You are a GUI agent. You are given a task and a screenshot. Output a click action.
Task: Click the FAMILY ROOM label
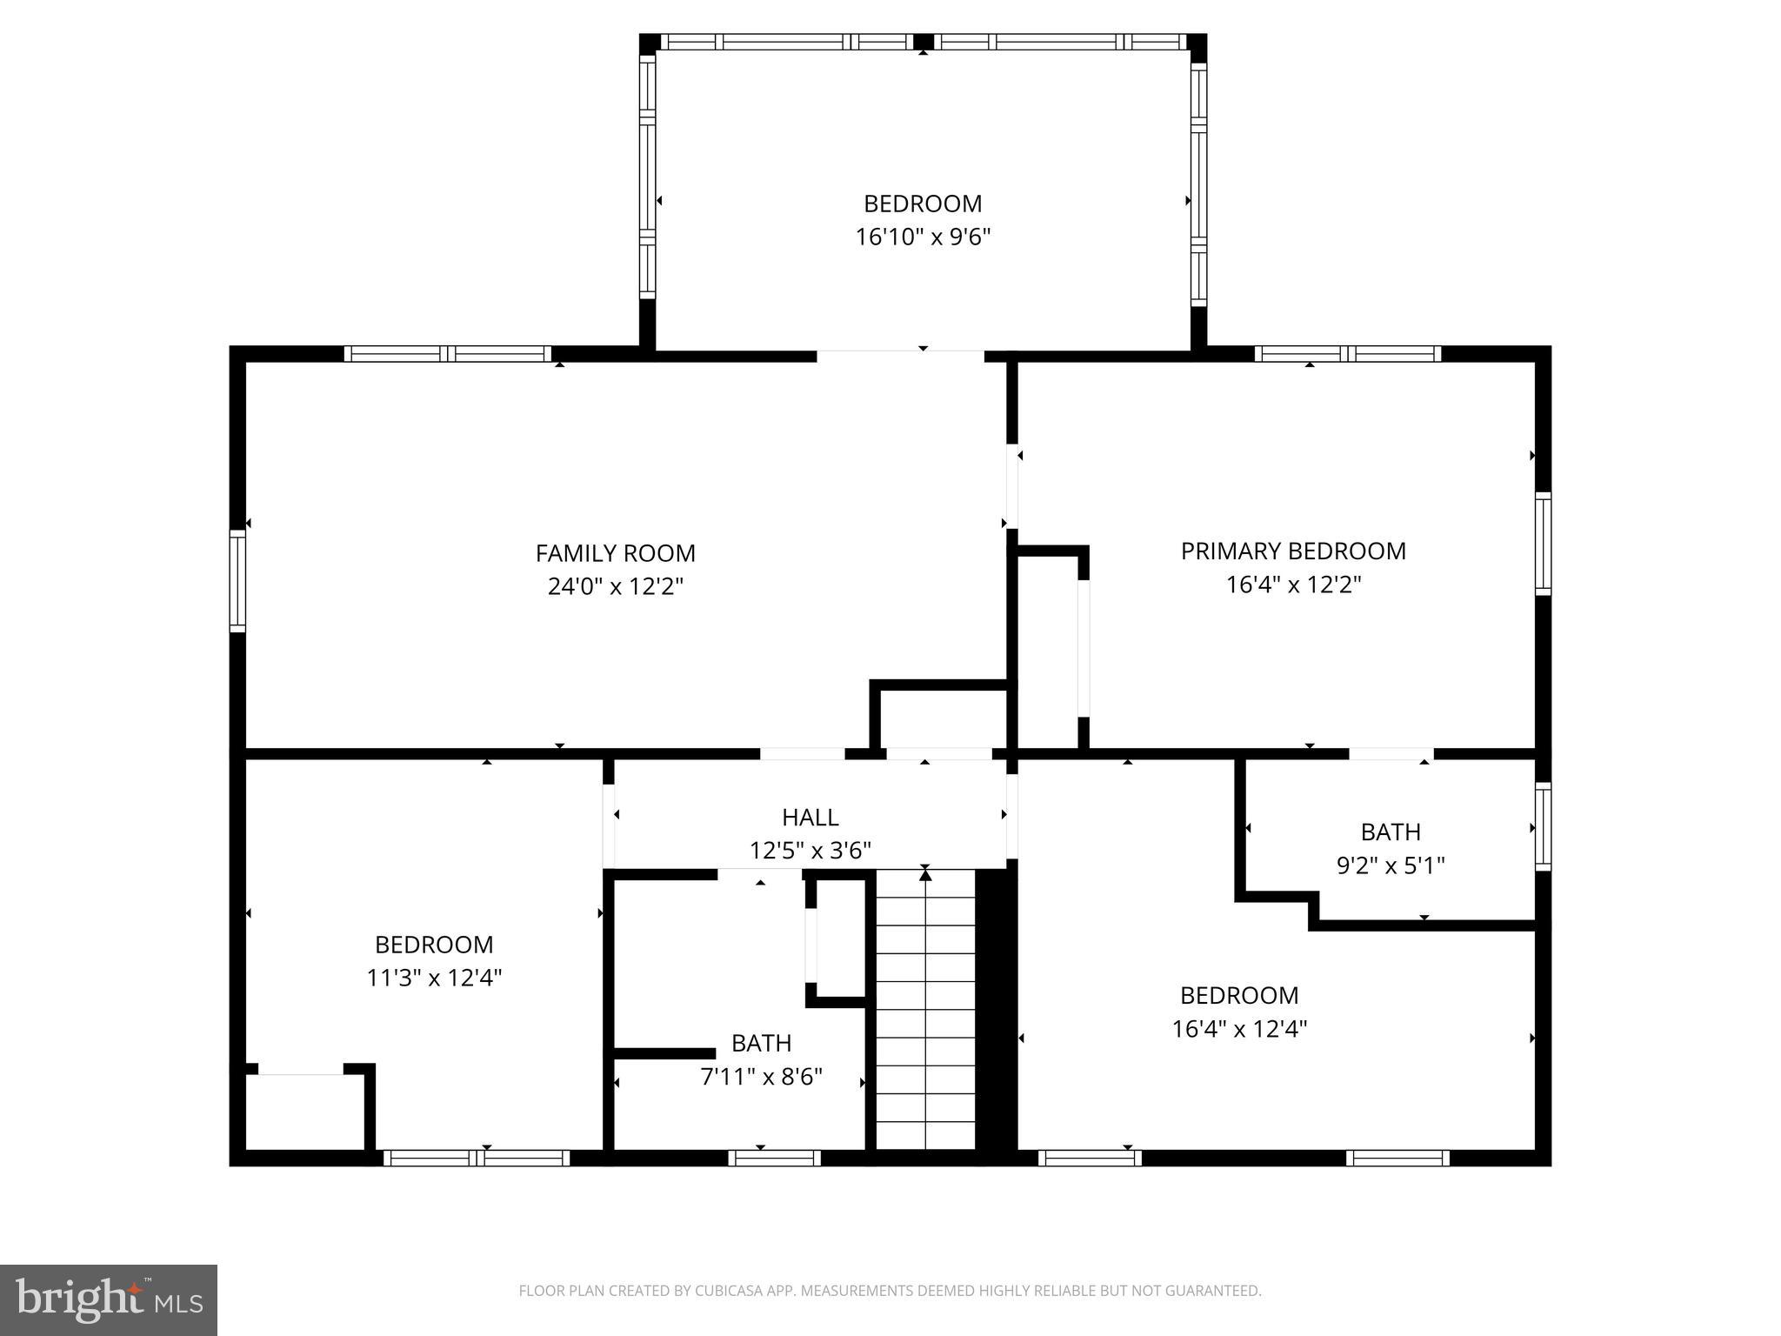615,553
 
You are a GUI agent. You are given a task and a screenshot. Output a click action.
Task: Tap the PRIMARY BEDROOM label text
1292,551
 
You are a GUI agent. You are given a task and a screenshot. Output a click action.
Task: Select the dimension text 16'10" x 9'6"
923,237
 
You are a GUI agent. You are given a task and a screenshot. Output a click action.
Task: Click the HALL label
810,818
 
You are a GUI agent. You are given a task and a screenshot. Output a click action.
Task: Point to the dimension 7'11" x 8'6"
761,1077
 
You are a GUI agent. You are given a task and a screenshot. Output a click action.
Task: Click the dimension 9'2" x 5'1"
1390,865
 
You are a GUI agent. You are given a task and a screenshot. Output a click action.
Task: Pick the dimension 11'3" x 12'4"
434,978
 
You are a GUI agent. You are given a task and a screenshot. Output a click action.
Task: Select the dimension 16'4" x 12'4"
1239,1029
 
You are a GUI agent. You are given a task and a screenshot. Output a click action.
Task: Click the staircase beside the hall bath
924,1009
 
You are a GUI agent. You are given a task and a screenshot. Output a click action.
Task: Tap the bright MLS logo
109,1300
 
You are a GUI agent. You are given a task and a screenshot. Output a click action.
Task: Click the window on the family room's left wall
237,580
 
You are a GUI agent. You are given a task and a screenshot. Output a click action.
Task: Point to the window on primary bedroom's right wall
1543,544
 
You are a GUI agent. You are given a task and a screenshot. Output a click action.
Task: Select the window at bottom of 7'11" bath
774,1158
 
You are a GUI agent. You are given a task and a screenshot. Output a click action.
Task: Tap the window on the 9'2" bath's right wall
1543,825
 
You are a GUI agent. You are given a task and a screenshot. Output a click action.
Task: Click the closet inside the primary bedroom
1048,648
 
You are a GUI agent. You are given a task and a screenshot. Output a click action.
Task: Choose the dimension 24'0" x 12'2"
615,586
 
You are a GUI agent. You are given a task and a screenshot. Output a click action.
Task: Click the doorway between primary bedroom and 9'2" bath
1391,753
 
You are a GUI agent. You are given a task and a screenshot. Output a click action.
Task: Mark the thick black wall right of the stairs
996,1009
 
